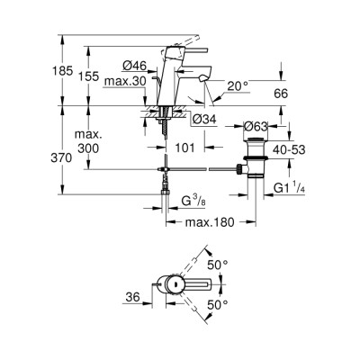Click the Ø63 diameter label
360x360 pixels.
tap(257, 127)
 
